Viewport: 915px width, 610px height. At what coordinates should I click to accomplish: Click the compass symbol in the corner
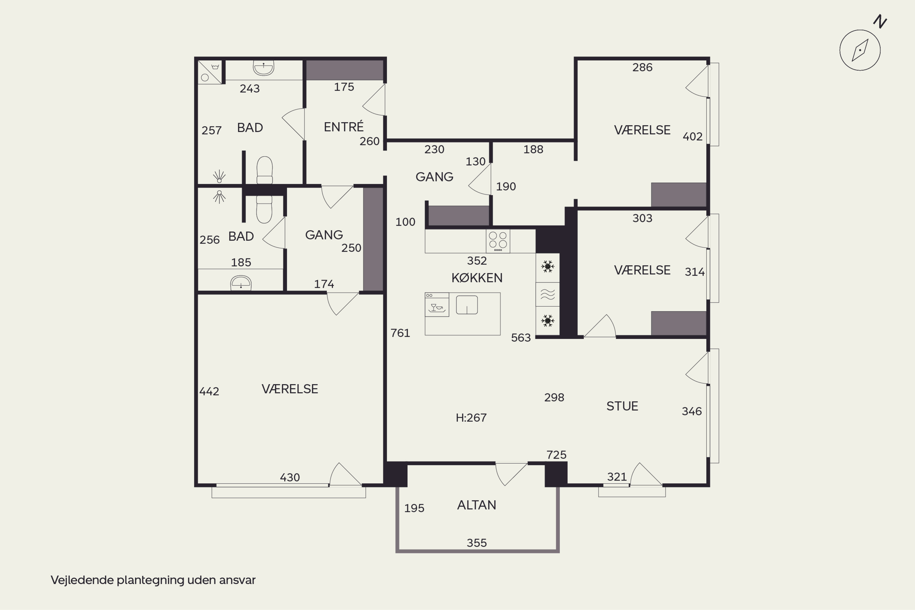(x=860, y=50)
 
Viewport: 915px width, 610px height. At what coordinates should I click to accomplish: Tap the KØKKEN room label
(x=477, y=278)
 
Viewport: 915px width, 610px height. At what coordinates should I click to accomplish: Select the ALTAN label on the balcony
(x=476, y=505)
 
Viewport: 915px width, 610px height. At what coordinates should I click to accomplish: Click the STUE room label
(x=622, y=406)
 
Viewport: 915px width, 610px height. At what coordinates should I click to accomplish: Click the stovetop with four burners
(x=498, y=241)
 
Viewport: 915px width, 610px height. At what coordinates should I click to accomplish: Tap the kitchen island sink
(x=467, y=305)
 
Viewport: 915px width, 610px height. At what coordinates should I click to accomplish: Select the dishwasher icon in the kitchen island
(x=437, y=305)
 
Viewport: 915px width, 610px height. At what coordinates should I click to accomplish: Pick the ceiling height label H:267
(x=471, y=418)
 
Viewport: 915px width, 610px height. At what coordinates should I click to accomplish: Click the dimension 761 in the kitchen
(x=400, y=333)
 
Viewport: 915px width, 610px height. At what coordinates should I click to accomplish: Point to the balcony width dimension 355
(x=476, y=543)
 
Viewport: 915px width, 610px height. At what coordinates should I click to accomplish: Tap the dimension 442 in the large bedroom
(x=209, y=391)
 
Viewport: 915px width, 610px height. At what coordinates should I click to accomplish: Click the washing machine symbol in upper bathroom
(x=210, y=72)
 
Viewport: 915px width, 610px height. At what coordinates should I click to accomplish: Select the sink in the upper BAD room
(x=264, y=68)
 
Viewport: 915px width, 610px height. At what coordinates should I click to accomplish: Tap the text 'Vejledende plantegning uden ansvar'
(x=153, y=580)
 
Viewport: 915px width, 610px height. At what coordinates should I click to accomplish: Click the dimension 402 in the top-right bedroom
(x=692, y=137)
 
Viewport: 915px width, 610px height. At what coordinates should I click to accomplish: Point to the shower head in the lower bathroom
(x=219, y=197)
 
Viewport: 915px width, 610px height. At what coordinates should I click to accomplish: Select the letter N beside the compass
(x=880, y=21)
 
